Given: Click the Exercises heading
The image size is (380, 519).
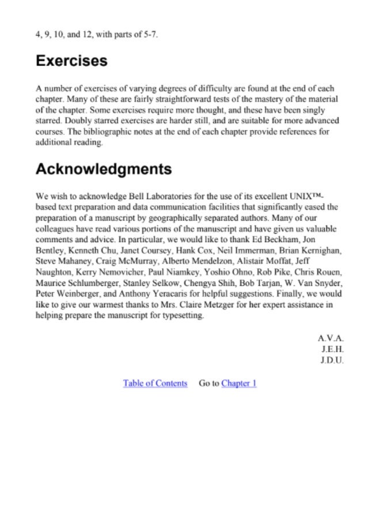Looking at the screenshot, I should [71, 61].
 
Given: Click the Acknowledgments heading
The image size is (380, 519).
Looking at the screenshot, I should [104, 170].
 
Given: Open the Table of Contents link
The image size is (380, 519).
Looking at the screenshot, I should [155, 383].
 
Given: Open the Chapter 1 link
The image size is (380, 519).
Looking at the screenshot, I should [239, 383].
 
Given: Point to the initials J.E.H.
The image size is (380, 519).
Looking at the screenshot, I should [332, 349].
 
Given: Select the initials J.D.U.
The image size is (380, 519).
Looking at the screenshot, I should [332, 360].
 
